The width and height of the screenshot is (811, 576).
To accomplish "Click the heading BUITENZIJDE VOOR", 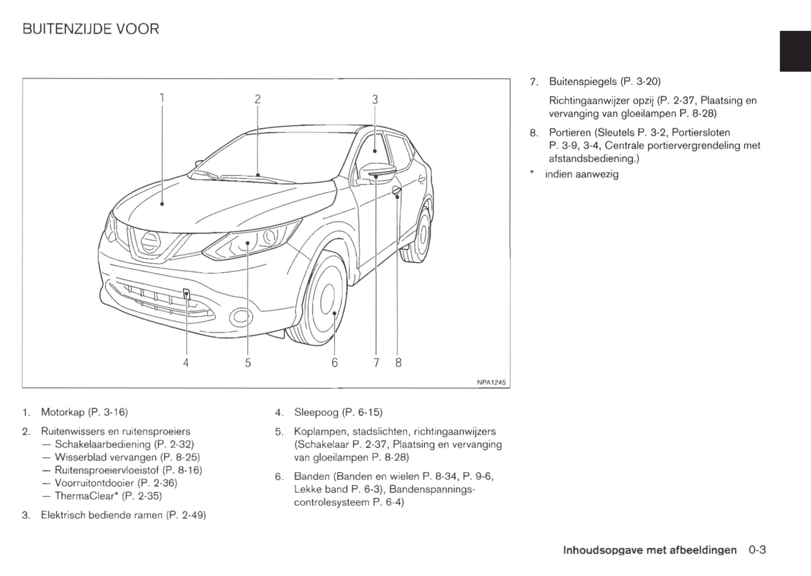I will pyautogui.click(x=90, y=29).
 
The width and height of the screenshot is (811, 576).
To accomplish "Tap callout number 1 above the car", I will pyautogui.click(x=162, y=98).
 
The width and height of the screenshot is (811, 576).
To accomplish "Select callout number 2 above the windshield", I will pyautogui.click(x=258, y=99).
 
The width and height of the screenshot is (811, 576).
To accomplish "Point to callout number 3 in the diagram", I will pyautogui.click(x=375, y=100).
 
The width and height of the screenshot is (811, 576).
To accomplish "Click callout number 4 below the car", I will pyautogui.click(x=186, y=363).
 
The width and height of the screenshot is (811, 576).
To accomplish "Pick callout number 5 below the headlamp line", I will pyautogui.click(x=248, y=363).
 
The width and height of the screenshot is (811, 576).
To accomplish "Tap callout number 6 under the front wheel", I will pyautogui.click(x=335, y=363).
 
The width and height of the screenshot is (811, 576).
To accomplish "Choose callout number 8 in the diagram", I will pyautogui.click(x=398, y=363).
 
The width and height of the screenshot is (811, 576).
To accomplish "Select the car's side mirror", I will pyautogui.click(x=377, y=171).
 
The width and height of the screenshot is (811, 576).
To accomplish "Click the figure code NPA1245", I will pyautogui.click(x=491, y=382).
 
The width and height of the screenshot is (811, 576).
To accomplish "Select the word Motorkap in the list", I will pyautogui.click(x=62, y=413).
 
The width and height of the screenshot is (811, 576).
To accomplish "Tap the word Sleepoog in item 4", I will pyautogui.click(x=317, y=413).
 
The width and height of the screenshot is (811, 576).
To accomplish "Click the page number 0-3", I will pyautogui.click(x=757, y=550).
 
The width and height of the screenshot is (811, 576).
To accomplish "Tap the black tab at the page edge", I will pyautogui.click(x=795, y=51).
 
